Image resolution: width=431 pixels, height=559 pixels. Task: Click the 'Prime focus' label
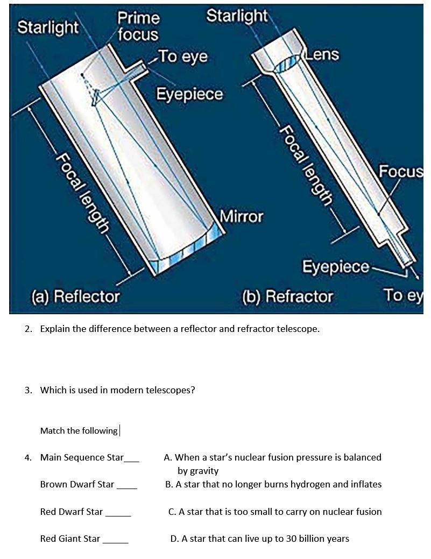pyautogui.click(x=138, y=26)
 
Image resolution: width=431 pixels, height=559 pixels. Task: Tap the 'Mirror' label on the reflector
pyautogui.click(x=242, y=216)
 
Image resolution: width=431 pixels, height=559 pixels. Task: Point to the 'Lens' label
pyautogui.click(x=323, y=54)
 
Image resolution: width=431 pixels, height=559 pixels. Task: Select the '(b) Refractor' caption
pyautogui.click(x=287, y=296)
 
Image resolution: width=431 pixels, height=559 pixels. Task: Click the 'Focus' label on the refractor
pyautogui.click(x=400, y=172)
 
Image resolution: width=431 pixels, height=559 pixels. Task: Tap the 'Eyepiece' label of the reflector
pyautogui.click(x=189, y=94)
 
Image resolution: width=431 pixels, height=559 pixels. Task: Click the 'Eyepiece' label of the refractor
pyautogui.click(x=335, y=267)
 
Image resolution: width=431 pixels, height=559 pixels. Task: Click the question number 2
pyautogui.click(x=27, y=329)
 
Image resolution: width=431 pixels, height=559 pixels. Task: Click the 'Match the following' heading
pyautogui.click(x=79, y=430)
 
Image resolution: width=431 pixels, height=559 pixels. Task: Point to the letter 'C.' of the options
pyautogui.click(x=172, y=512)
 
